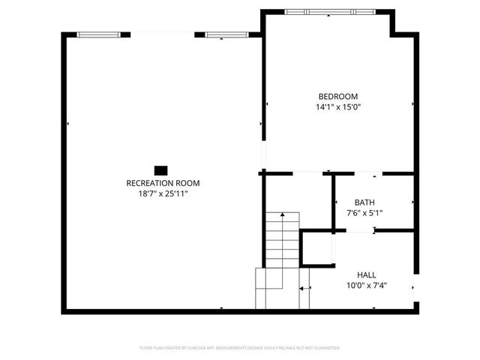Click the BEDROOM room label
[x=337, y=96]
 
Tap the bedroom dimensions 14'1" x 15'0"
[x=337, y=107]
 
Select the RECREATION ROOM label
[x=163, y=183]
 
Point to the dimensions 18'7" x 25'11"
[x=163, y=194]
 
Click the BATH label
[x=364, y=202]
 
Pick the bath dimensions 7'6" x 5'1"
[x=364, y=214]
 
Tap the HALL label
[x=367, y=275]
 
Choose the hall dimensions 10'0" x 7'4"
[x=367, y=286]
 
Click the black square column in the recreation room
[x=160, y=169]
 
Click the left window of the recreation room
[x=99, y=34]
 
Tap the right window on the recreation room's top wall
[x=226, y=34]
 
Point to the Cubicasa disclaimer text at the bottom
[x=240, y=348]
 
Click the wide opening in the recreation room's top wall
[x=163, y=34]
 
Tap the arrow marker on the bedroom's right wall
[x=412, y=104]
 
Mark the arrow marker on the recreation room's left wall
[x=68, y=123]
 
